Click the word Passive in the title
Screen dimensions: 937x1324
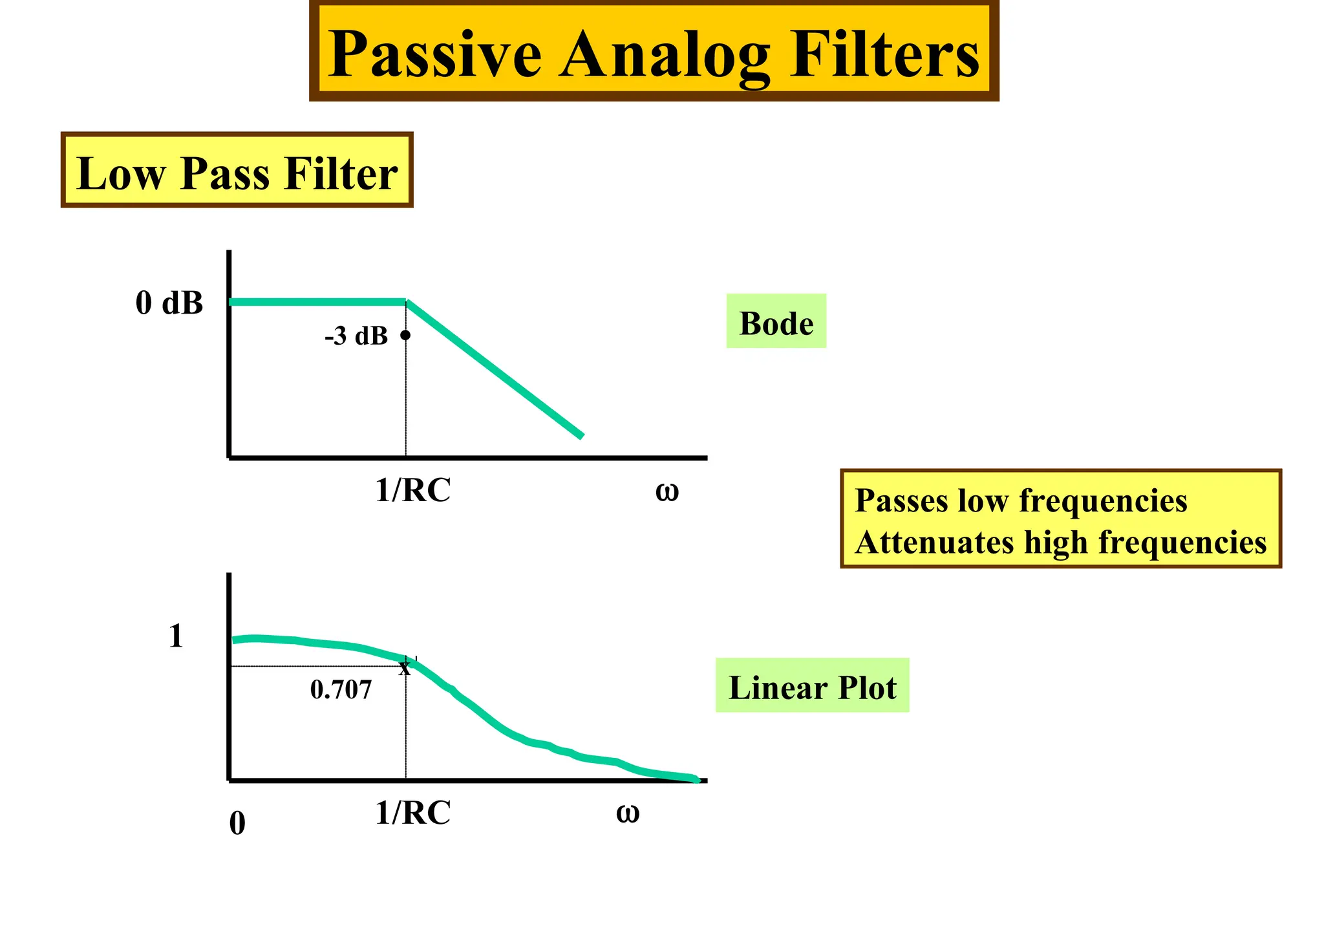coord(434,54)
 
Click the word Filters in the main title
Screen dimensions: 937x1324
coord(884,54)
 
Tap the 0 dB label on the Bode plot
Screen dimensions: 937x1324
coord(169,303)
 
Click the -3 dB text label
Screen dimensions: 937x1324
coord(356,336)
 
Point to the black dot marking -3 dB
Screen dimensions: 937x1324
coord(405,335)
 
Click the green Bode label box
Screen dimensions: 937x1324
coord(776,322)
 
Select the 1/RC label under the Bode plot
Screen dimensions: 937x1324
coord(412,490)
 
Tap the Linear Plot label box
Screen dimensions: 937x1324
coord(812,686)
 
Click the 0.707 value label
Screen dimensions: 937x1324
coord(341,690)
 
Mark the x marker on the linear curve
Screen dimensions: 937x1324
coord(405,668)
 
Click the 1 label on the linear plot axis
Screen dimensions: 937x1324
coord(176,636)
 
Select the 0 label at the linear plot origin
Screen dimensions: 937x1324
coord(237,824)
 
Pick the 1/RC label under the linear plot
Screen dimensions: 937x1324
coord(412,812)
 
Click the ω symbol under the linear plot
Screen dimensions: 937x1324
coord(627,813)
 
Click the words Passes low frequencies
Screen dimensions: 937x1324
coord(1020,501)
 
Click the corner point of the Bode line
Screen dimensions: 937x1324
coord(406,302)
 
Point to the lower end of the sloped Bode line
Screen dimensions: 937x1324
coord(581,436)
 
